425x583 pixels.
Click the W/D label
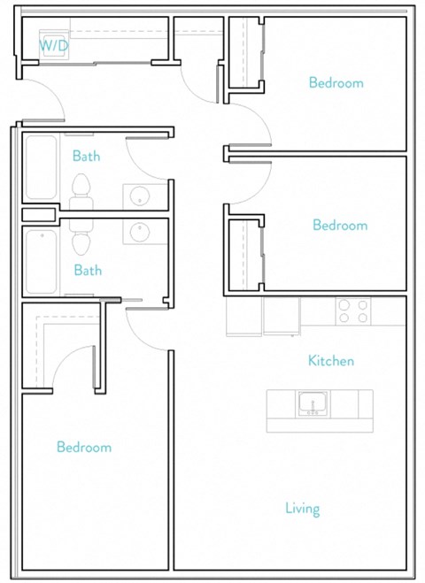pos(50,44)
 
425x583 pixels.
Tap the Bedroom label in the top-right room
pos(336,83)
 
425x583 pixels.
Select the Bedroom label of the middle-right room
pos(339,226)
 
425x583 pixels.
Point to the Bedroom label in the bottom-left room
pos(84,448)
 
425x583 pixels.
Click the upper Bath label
pos(86,157)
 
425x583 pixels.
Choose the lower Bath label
pos(88,271)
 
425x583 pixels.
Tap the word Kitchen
pos(331,361)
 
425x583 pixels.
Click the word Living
pos(302,509)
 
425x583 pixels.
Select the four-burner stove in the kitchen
pos(352,311)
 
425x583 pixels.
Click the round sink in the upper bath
pos(139,195)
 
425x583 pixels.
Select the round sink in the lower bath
pos(140,232)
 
